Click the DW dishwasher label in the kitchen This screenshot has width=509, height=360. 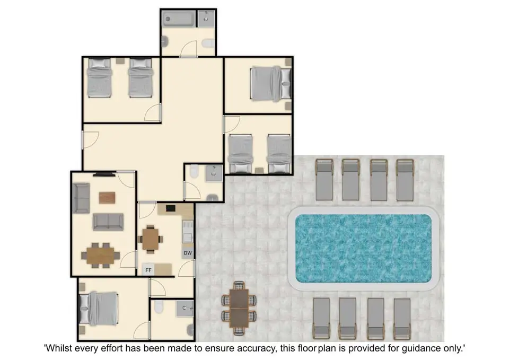point(188,253)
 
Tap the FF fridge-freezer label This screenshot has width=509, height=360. point(148,270)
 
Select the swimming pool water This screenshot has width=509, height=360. point(363,248)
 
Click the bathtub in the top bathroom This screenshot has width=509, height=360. point(179,19)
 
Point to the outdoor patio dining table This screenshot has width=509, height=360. point(239,308)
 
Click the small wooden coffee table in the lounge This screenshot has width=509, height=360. point(107,198)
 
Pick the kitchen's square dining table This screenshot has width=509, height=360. point(150,239)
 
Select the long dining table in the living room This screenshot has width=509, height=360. point(100,256)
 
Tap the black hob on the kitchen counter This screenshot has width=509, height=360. point(171,208)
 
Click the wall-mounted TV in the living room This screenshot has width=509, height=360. point(104,174)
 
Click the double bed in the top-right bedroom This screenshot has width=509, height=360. point(271,84)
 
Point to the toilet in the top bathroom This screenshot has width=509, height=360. point(208,43)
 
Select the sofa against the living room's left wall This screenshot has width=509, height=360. point(81,198)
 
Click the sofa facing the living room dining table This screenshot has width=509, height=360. point(108,222)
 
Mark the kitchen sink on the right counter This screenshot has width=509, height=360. point(188,232)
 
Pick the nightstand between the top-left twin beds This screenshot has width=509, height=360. point(120,60)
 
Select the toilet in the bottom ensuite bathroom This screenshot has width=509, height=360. point(159,306)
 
